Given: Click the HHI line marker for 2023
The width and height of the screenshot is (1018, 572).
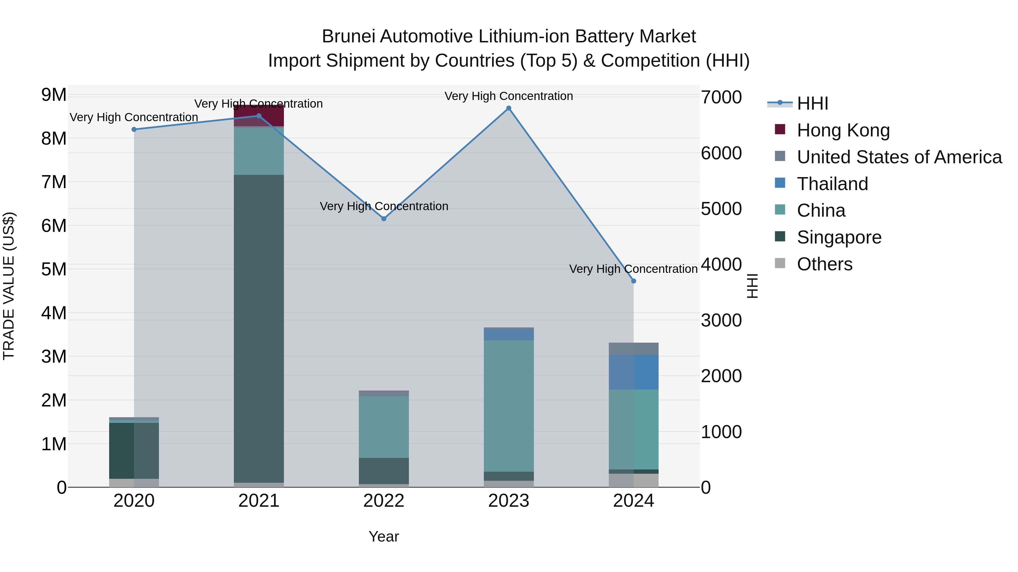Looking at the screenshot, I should [x=509, y=108].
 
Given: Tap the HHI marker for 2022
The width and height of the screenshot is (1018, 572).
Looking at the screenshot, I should [x=384, y=219].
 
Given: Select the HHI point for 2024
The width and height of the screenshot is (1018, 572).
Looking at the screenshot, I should [x=633, y=281].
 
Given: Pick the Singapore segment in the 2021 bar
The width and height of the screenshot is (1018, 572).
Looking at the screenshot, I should [x=259, y=328].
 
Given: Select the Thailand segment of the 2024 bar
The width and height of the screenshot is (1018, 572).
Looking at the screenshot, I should [x=633, y=372].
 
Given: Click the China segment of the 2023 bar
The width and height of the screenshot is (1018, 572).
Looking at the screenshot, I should [x=509, y=406].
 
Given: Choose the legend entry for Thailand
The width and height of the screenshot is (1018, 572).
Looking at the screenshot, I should [x=832, y=184].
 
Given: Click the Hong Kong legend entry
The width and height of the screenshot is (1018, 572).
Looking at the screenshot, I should [x=843, y=130].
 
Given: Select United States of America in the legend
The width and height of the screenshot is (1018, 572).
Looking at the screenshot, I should [x=899, y=157].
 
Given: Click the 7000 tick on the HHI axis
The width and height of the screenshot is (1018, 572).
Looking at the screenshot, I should [x=721, y=97].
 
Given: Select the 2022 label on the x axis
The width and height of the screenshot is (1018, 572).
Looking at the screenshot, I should [x=384, y=501].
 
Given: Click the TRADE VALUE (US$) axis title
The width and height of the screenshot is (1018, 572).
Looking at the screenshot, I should [x=9, y=286].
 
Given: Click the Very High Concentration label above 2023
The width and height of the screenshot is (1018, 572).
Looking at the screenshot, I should [x=509, y=96].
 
